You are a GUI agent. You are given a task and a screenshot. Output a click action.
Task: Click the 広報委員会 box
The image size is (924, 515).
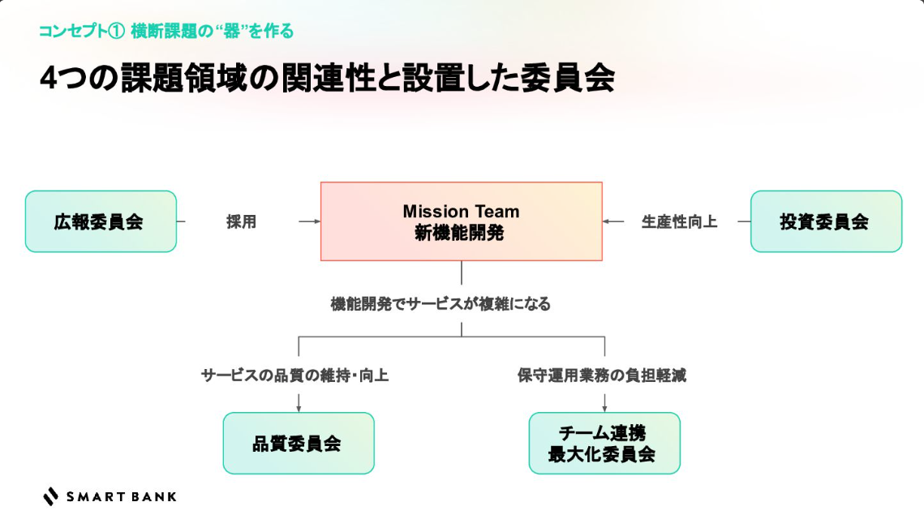tap(101, 221)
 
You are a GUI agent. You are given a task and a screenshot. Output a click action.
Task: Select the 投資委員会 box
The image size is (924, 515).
tap(826, 221)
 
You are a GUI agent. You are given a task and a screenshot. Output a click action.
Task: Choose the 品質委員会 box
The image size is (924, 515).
tap(298, 443)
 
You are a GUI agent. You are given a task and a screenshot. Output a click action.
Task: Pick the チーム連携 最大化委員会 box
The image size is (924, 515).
tap(604, 443)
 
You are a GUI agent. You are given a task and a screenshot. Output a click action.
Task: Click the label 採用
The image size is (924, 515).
tap(241, 221)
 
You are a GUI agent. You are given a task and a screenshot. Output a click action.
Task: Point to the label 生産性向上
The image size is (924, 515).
tap(679, 221)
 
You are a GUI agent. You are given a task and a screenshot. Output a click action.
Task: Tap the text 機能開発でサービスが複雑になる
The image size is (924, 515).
tap(441, 304)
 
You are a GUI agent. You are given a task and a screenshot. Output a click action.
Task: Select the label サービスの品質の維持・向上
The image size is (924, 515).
tap(294, 376)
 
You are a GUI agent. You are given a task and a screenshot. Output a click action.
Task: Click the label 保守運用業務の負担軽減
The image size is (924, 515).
tap(602, 376)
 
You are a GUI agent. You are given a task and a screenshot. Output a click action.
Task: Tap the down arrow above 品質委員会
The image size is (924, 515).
tap(299, 406)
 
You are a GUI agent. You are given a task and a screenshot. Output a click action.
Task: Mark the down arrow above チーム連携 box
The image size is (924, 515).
tap(604, 406)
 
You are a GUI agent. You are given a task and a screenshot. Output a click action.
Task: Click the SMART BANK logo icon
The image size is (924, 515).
tap(51, 496)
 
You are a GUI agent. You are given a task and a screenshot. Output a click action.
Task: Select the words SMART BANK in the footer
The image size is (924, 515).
tap(121, 496)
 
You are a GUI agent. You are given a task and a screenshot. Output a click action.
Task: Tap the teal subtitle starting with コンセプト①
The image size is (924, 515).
tap(166, 32)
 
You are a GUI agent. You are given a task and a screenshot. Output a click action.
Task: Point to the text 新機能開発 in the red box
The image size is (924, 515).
tap(461, 233)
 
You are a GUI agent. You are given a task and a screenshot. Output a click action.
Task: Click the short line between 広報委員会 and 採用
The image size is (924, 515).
tap(181, 221)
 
